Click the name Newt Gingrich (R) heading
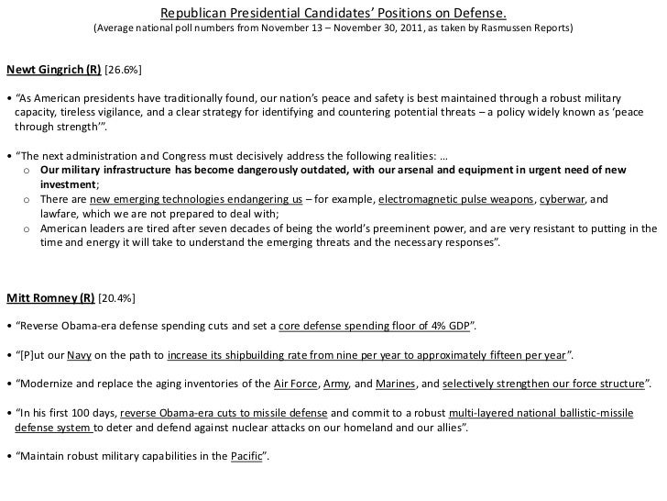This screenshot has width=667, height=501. tap(54, 70)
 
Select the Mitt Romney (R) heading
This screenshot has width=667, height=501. tap(49, 297)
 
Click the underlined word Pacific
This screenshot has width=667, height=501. tap(243, 457)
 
